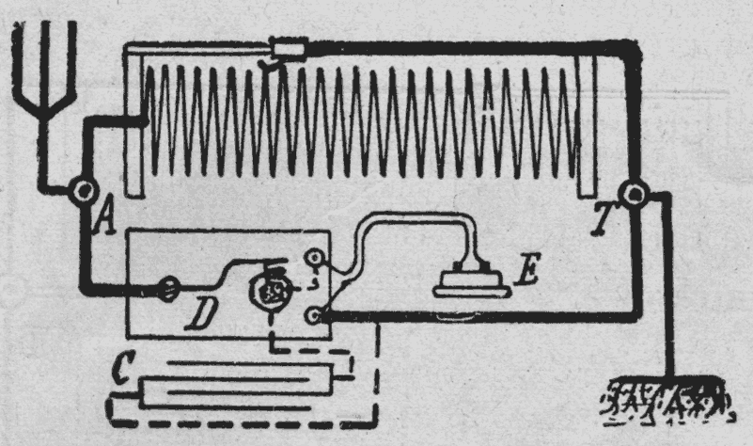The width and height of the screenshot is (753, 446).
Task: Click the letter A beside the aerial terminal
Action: tap(106, 222)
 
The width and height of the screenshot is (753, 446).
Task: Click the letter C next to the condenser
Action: tap(120, 368)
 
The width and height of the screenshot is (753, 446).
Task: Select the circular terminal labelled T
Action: tap(638, 194)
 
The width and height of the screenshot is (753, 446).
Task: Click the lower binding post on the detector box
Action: tap(317, 316)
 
